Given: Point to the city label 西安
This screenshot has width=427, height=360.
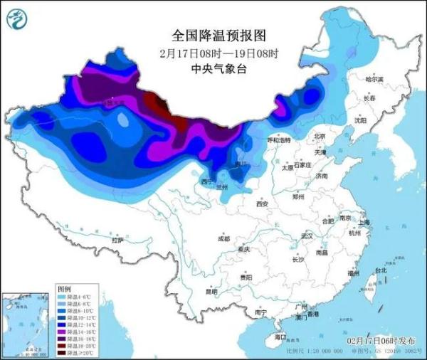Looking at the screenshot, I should click(x=261, y=204).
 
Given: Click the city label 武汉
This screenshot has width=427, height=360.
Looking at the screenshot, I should click(x=307, y=235).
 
